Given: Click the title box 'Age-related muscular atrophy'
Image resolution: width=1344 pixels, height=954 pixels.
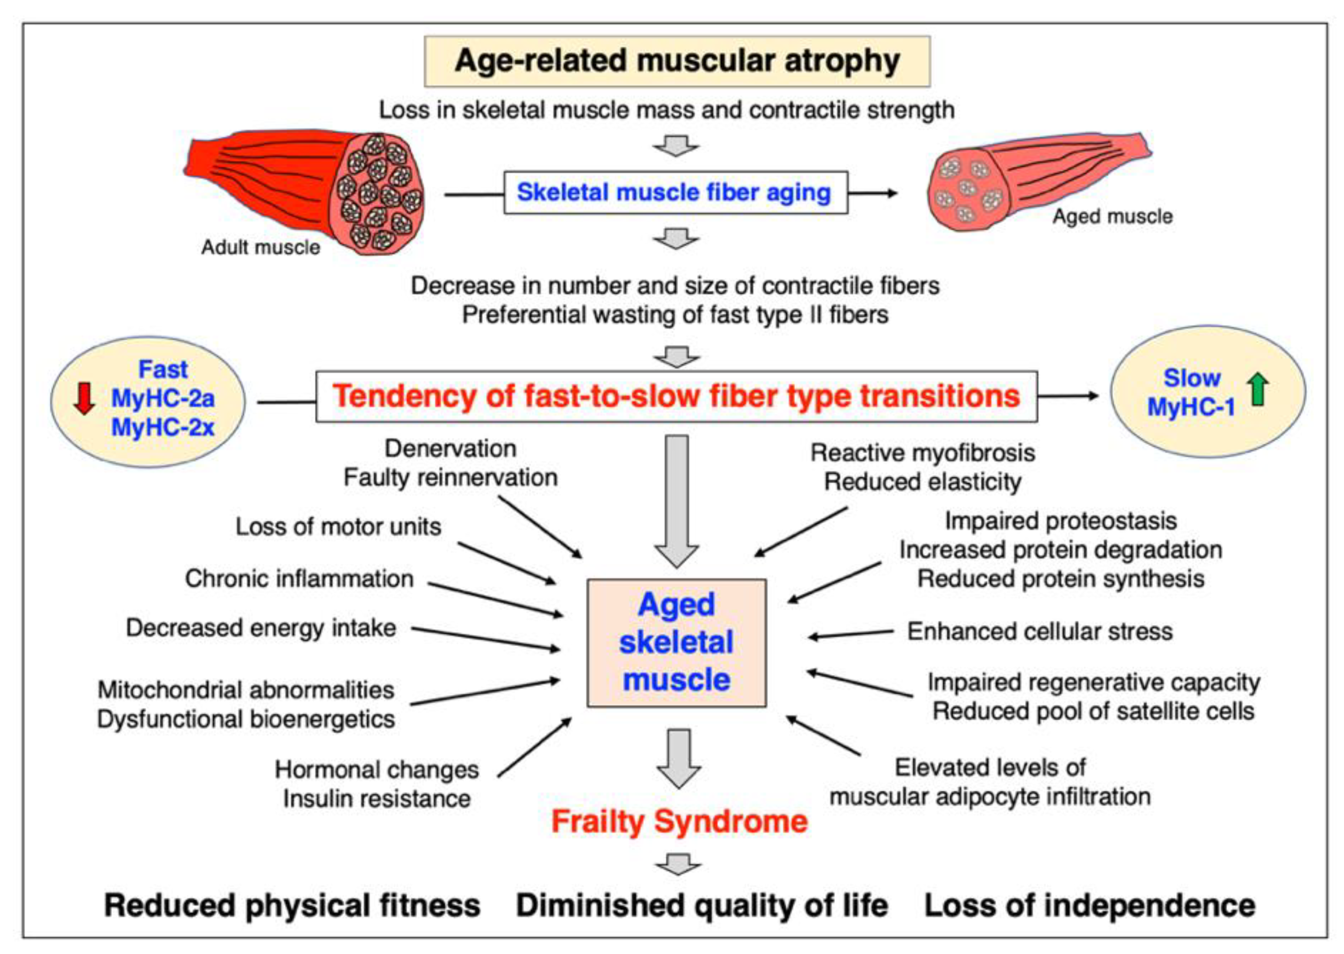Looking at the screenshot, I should [x=677, y=61].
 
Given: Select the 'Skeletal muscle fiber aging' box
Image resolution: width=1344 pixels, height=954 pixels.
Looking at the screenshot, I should [x=675, y=192].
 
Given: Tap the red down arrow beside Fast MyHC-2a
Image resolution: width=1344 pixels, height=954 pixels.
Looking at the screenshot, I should [x=85, y=398].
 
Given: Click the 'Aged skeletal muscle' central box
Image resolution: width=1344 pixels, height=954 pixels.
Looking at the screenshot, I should [x=677, y=643].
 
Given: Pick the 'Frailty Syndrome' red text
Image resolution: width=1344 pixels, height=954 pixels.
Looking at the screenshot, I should [x=679, y=821].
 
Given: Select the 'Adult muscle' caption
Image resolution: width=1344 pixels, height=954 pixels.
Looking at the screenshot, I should [x=261, y=247].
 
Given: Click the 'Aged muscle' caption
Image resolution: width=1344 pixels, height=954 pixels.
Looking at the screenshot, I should [x=1112, y=217].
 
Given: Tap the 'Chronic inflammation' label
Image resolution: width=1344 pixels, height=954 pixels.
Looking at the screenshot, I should [x=299, y=579].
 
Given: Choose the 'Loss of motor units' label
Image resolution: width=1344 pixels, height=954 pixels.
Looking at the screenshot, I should [x=338, y=527].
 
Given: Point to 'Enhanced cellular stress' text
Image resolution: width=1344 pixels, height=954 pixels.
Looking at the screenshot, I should [x=1040, y=632].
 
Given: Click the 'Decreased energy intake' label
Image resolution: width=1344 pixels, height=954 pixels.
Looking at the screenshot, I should [x=261, y=628].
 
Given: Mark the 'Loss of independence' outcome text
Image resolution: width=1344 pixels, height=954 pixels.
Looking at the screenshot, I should [x=1089, y=905].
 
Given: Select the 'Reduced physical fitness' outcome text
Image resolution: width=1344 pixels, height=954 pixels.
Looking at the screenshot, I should [x=292, y=905].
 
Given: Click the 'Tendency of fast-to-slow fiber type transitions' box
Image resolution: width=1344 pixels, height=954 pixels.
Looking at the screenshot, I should [x=677, y=396].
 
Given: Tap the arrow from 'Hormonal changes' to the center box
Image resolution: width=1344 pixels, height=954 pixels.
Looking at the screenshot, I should [x=534, y=747].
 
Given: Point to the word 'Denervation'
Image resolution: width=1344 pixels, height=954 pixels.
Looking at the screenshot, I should [x=450, y=449].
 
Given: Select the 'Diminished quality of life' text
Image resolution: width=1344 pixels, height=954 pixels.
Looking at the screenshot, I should [x=702, y=905].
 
